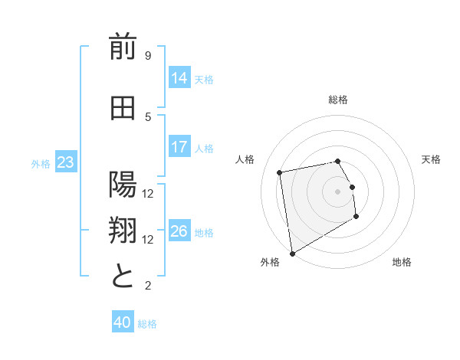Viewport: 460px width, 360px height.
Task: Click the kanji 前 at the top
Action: [x=123, y=49]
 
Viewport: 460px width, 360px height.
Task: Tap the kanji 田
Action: [x=123, y=109]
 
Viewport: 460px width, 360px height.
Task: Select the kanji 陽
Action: [x=123, y=185]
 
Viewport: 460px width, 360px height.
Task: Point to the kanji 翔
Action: [x=123, y=231]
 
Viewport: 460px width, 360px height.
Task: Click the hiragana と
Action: [x=123, y=276]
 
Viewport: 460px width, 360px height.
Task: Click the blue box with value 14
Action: [x=179, y=77]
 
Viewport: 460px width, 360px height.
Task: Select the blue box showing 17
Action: [x=179, y=146]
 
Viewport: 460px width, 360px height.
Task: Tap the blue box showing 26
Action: [x=179, y=231]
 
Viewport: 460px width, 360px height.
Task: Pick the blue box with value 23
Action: [x=65, y=162]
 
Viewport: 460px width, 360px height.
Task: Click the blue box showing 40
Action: [x=123, y=322]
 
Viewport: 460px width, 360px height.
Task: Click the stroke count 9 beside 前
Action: [x=148, y=56]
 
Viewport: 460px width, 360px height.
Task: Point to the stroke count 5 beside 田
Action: [x=148, y=116]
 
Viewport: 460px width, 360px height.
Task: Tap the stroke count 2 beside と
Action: [x=148, y=286]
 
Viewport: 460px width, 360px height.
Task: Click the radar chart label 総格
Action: [x=338, y=100]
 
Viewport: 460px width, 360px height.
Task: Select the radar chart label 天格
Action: [x=432, y=159]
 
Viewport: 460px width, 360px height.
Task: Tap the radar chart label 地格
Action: [x=402, y=262]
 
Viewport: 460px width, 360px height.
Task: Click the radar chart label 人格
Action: [x=245, y=159]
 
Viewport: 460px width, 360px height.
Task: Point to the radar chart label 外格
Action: [x=270, y=262]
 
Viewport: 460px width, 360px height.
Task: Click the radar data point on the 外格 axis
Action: [x=292, y=253]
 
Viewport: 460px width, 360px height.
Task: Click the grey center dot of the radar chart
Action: [x=338, y=191]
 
